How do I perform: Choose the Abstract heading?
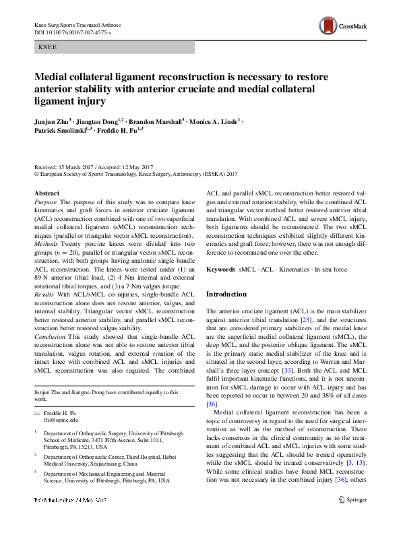47,193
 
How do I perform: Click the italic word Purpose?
46,202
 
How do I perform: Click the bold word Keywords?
220,270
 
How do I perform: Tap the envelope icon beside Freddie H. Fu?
38,412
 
